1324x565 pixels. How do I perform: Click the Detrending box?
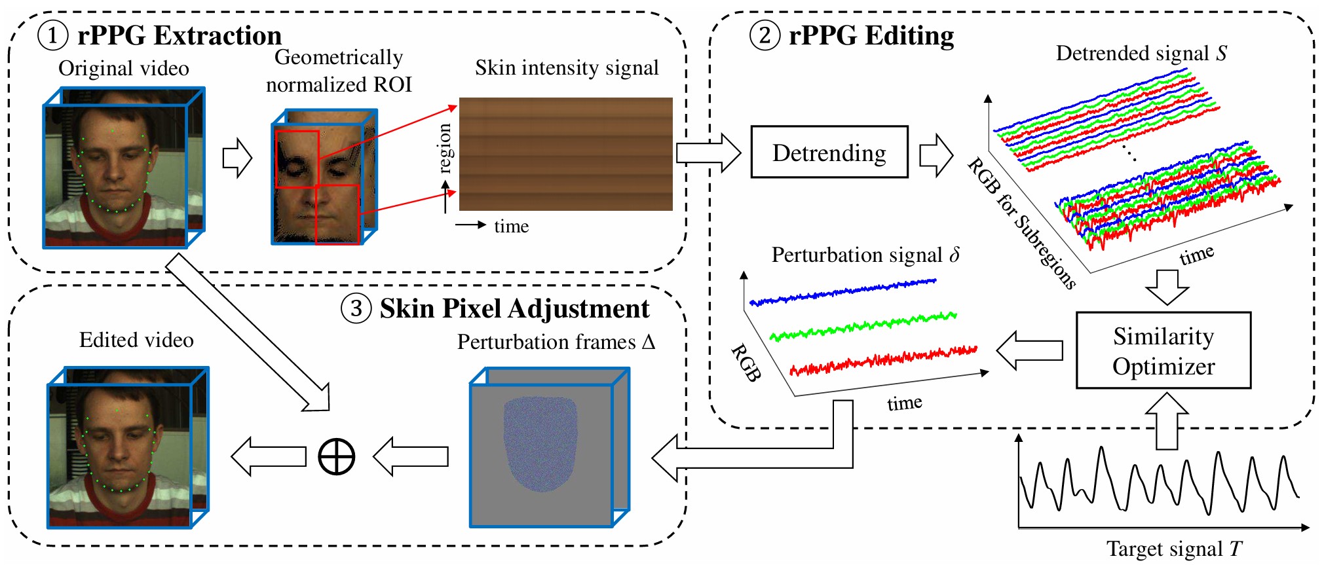click(x=829, y=152)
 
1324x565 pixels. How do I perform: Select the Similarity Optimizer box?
click(x=1163, y=350)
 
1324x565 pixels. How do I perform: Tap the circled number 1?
click(x=52, y=35)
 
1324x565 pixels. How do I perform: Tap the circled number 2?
click(x=765, y=35)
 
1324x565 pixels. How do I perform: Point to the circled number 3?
click(x=356, y=308)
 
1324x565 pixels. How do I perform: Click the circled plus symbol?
click(x=336, y=456)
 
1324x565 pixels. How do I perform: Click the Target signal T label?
click(x=1174, y=549)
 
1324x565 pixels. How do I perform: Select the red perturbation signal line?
click(x=884, y=359)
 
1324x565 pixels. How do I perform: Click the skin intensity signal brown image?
click(x=565, y=154)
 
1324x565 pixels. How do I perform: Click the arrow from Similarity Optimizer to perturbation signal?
click(x=1029, y=350)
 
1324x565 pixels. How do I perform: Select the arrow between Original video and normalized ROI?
click(x=237, y=158)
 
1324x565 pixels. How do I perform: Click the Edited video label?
click(x=136, y=340)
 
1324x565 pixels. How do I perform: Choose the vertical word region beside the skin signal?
click(x=445, y=149)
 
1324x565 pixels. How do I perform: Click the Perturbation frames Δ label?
click(x=556, y=342)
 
